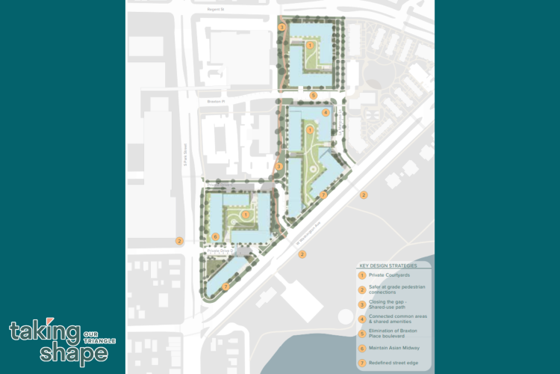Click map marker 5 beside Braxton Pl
click(314, 95)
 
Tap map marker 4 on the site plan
click(326, 112)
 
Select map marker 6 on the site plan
click(215, 237)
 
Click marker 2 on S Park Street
click(179, 240)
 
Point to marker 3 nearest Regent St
click(281, 27)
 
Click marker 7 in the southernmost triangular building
click(225, 286)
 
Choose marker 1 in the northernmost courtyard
click(310, 46)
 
